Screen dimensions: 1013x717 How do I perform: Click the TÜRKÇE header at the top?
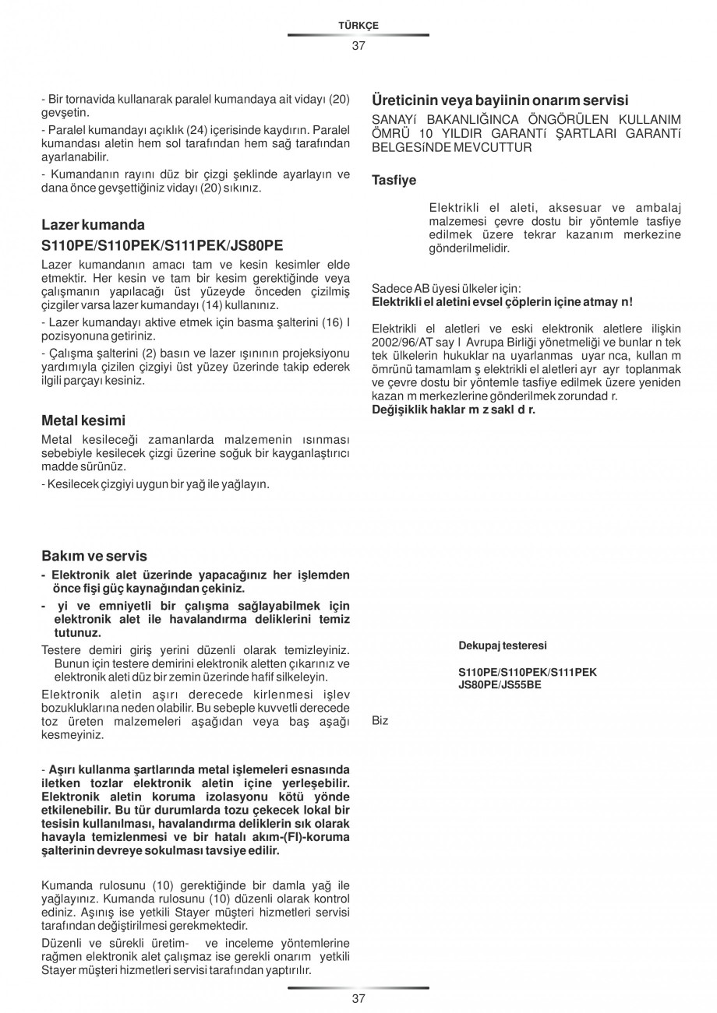click(x=358, y=26)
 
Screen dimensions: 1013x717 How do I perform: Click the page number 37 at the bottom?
click(x=358, y=999)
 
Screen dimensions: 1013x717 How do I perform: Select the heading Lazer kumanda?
click(x=93, y=225)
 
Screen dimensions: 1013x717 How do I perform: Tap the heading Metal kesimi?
click(x=83, y=420)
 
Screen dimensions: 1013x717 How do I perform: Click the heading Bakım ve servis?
click(x=94, y=556)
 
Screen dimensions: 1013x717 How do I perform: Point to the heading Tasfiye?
click(x=394, y=181)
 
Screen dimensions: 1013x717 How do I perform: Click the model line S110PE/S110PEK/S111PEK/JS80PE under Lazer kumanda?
click(x=161, y=245)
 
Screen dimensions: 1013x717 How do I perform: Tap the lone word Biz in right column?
click(x=380, y=721)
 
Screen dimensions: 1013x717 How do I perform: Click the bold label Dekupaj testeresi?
click(x=502, y=645)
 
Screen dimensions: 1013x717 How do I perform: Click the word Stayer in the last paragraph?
click(x=56, y=970)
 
